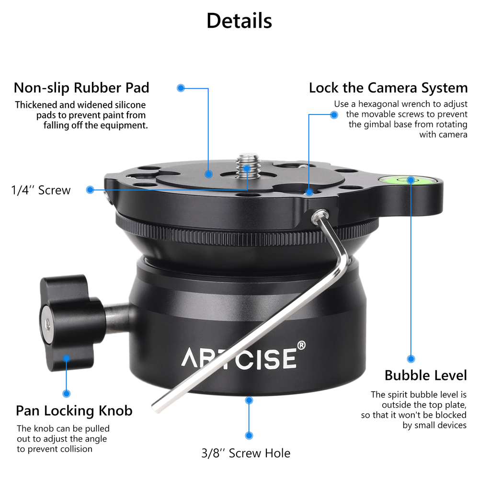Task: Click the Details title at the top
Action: click(x=239, y=21)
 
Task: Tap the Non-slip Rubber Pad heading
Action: click(x=81, y=88)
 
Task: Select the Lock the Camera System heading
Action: click(x=388, y=88)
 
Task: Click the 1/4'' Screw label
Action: click(x=41, y=190)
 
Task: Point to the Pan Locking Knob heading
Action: click(x=74, y=411)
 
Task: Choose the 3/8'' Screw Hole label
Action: click(x=245, y=453)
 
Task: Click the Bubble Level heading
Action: click(x=425, y=375)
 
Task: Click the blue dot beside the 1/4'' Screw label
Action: click(x=90, y=190)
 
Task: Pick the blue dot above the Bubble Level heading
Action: click(x=411, y=358)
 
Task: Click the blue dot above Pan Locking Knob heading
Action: click(x=66, y=393)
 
